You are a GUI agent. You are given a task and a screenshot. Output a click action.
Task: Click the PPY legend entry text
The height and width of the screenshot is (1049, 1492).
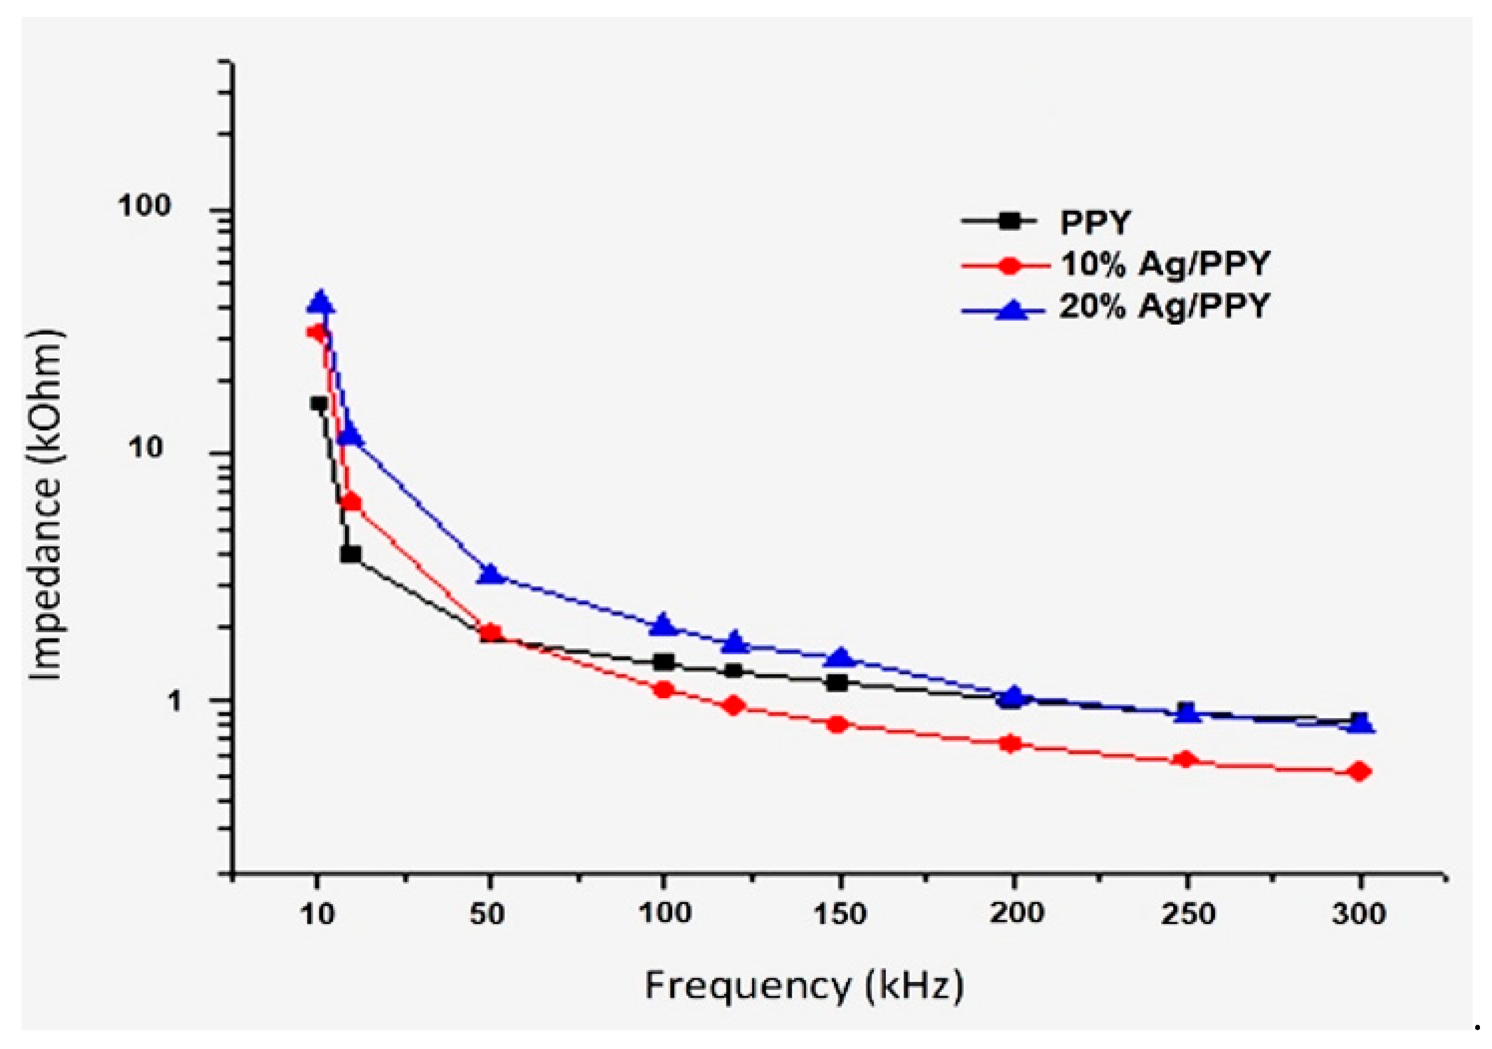tap(1095, 223)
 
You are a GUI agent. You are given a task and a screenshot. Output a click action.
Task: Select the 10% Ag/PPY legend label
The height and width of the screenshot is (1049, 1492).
tap(1164, 264)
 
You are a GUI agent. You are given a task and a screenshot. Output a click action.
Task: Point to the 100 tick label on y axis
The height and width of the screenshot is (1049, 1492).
tap(144, 206)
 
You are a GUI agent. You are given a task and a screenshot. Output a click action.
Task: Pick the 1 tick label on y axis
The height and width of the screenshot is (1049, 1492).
tap(175, 701)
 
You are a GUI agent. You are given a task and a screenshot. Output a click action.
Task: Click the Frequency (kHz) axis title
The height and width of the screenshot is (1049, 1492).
tap(804, 987)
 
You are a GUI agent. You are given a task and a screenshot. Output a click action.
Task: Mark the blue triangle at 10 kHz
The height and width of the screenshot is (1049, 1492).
tap(320, 302)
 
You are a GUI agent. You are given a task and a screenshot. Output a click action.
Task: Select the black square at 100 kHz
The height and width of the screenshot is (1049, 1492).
tap(663, 663)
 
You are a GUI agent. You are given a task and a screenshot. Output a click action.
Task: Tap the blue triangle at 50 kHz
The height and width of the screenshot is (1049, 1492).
tap(491, 574)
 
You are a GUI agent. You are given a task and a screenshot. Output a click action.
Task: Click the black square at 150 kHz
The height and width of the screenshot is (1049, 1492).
tap(838, 683)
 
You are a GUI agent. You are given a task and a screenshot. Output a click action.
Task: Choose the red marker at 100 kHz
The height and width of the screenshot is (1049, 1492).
tap(663, 690)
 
